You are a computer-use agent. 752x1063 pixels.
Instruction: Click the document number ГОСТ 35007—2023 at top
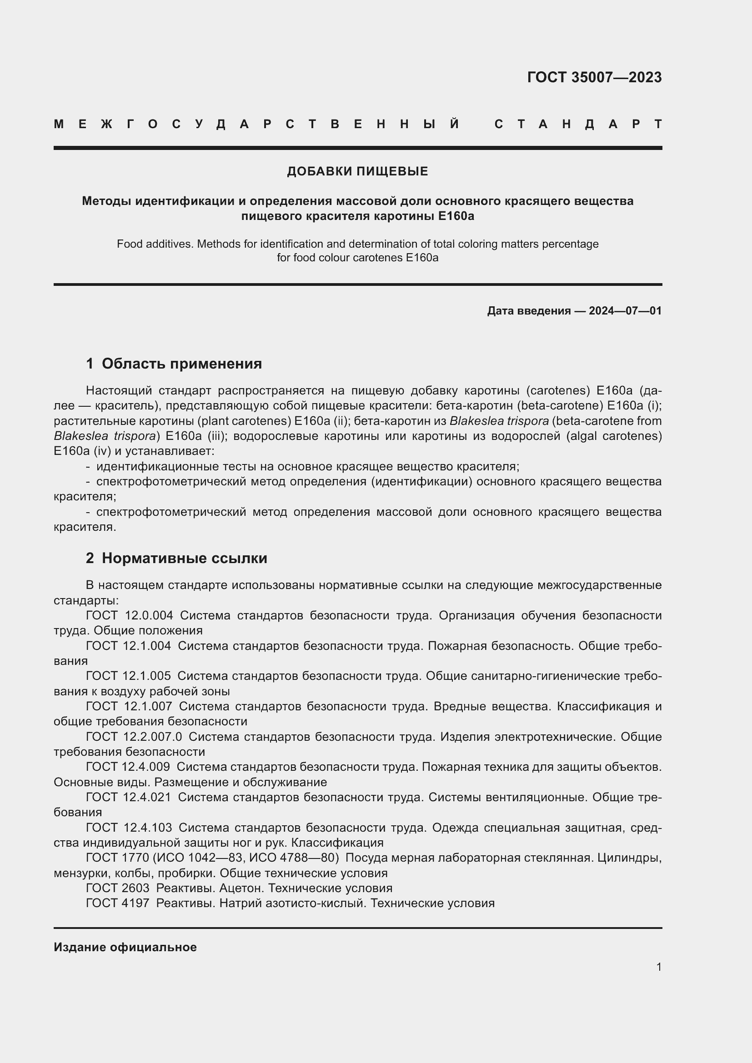point(594,77)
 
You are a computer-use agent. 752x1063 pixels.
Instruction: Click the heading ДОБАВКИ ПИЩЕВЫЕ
point(357,171)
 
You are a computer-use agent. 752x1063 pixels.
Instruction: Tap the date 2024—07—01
point(625,311)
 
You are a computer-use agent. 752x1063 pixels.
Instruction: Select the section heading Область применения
point(181,364)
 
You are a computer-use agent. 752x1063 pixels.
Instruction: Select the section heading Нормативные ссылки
point(184,558)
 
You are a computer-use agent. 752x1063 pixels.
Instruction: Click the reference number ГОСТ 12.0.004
point(129,615)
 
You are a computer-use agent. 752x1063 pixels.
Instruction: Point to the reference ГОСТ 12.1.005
point(128,676)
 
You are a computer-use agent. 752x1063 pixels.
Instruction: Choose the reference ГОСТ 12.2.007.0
point(134,737)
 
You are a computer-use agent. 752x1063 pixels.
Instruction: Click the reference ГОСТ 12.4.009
point(128,767)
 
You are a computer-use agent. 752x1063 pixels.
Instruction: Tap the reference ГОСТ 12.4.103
point(129,827)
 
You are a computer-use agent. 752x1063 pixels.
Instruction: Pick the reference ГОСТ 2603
point(118,888)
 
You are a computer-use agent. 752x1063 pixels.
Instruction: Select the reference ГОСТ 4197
point(118,903)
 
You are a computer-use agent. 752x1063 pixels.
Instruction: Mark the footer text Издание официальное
point(125,947)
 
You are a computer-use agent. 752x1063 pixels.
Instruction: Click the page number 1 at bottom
point(658,967)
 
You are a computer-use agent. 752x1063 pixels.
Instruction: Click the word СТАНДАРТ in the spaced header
point(578,124)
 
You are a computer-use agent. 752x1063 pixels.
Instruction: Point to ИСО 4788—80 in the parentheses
point(294,858)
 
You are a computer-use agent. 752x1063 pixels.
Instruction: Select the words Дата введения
point(528,311)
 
